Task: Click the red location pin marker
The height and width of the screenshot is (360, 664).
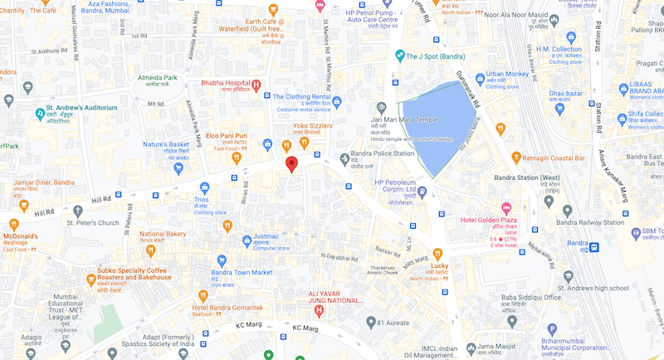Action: click(x=291, y=163)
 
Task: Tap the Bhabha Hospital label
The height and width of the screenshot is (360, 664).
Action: click(x=226, y=84)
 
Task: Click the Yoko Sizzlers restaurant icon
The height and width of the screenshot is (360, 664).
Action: click(x=305, y=143)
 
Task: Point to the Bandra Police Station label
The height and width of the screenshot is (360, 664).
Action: click(x=381, y=153)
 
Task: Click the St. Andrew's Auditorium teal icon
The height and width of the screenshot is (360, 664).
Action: click(x=39, y=113)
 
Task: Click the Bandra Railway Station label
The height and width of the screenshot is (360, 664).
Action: click(x=591, y=221)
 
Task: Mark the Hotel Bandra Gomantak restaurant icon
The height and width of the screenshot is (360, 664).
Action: click(x=203, y=295)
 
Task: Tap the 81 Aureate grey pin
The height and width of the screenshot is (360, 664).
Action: click(x=370, y=322)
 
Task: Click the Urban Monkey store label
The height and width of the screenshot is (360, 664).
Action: click(x=508, y=74)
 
